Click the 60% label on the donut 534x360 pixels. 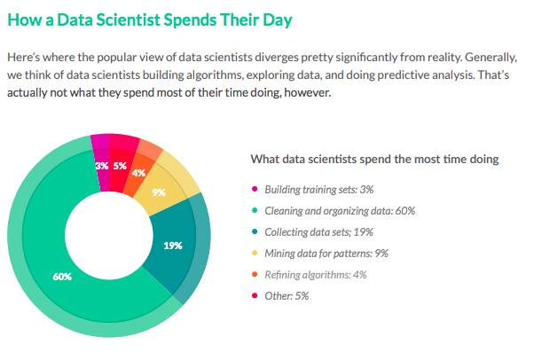point(62,277)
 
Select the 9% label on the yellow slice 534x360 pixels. point(159,192)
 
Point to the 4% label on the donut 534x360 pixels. point(139,173)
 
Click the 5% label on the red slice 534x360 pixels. point(120,165)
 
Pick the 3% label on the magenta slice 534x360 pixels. point(102,165)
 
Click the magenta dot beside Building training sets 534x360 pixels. point(255,190)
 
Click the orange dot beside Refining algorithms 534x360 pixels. point(255,275)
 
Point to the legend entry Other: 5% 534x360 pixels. point(287,296)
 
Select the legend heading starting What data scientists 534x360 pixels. point(374,160)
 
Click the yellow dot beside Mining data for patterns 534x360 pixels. point(255,254)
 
